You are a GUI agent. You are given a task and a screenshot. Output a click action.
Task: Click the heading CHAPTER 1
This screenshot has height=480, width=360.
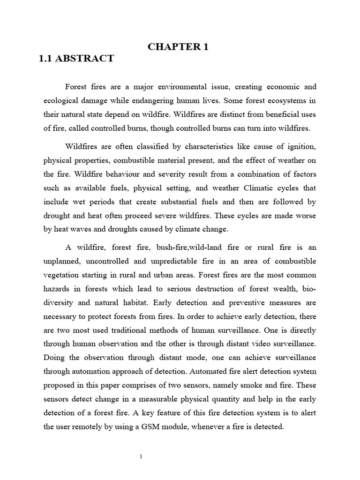pos(178,46)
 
